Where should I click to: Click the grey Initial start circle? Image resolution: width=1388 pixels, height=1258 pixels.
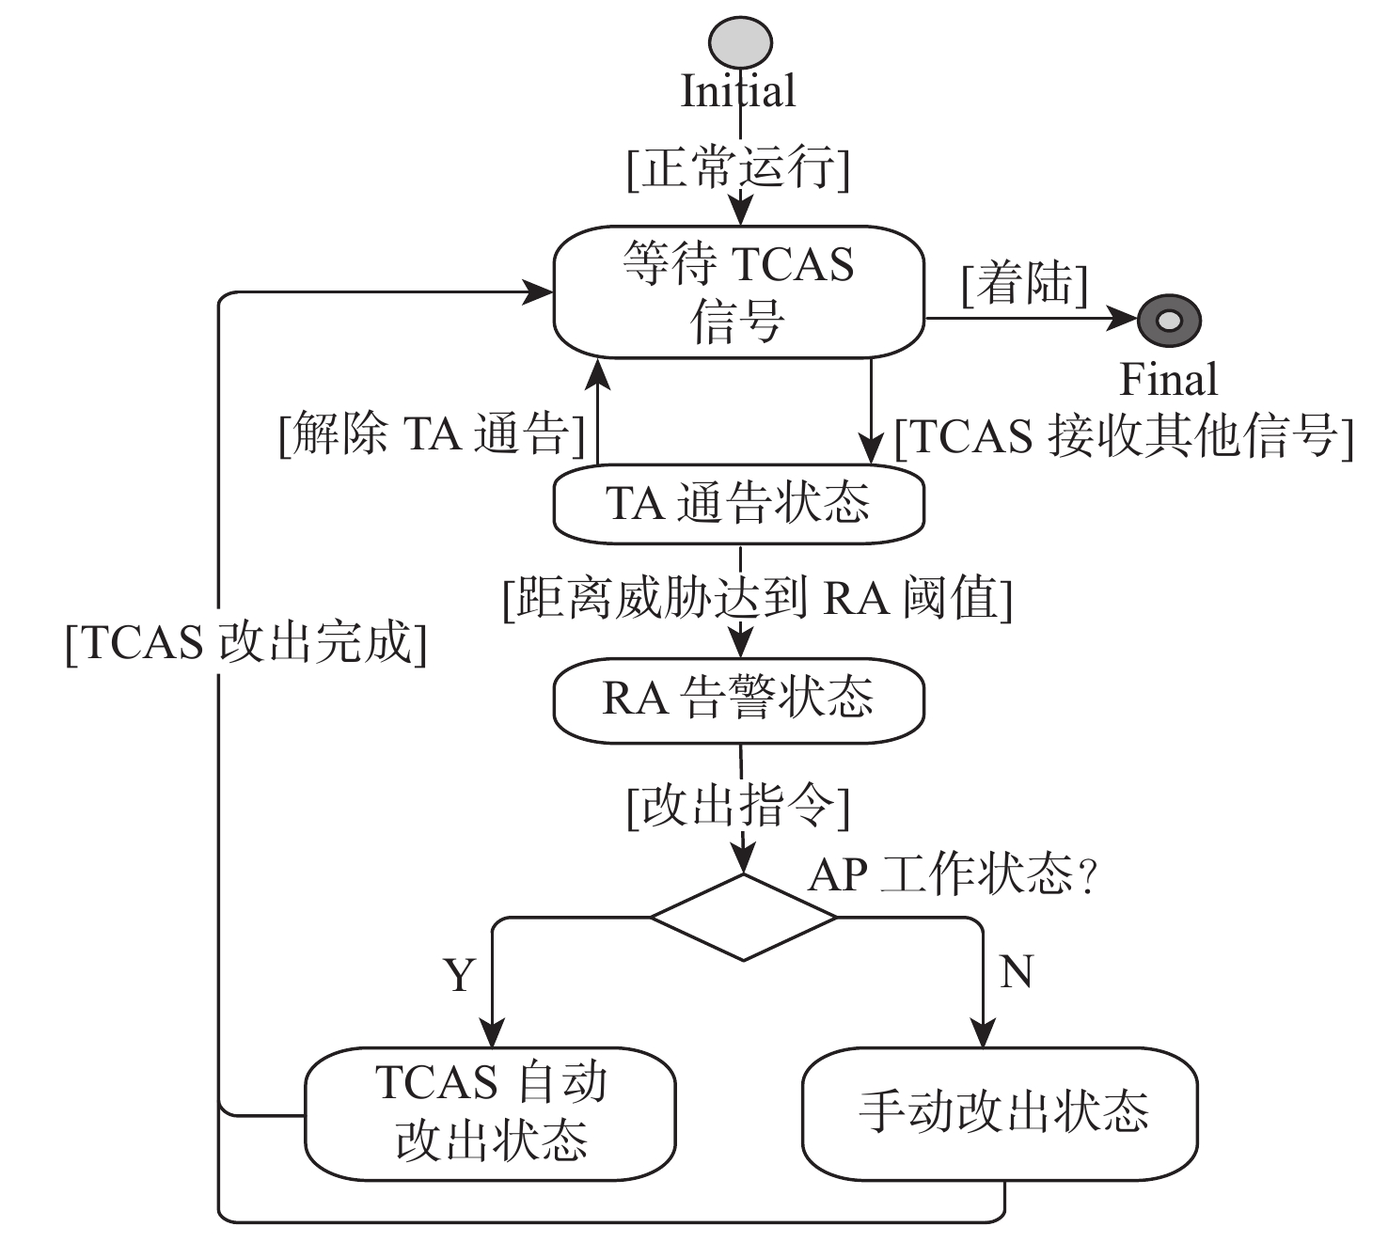click(740, 42)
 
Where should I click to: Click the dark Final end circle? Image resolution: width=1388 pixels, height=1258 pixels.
click(1169, 320)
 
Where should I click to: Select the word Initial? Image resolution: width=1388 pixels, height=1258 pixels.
click(738, 92)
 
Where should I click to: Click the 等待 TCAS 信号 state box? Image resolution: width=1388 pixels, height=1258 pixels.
click(739, 292)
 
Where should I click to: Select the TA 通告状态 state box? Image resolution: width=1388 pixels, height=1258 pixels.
click(739, 504)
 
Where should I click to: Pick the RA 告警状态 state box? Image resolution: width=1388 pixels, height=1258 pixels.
click(739, 699)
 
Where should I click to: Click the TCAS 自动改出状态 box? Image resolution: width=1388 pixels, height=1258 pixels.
click(490, 1113)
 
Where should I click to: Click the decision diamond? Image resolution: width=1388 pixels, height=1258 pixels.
click(743, 917)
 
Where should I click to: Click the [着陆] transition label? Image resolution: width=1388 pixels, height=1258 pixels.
click(1024, 284)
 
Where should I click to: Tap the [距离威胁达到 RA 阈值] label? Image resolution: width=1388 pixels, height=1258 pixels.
click(758, 598)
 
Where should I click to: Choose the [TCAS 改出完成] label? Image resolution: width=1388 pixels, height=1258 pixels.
click(246, 644)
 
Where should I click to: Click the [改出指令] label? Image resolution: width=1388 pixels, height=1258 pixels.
click(739, 807)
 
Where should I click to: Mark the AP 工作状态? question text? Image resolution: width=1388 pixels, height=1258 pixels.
click(953, 875)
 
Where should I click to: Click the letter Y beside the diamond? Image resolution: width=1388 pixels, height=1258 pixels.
click(459, 975)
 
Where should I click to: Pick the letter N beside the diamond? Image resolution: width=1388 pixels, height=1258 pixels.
click(1017, 971)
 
